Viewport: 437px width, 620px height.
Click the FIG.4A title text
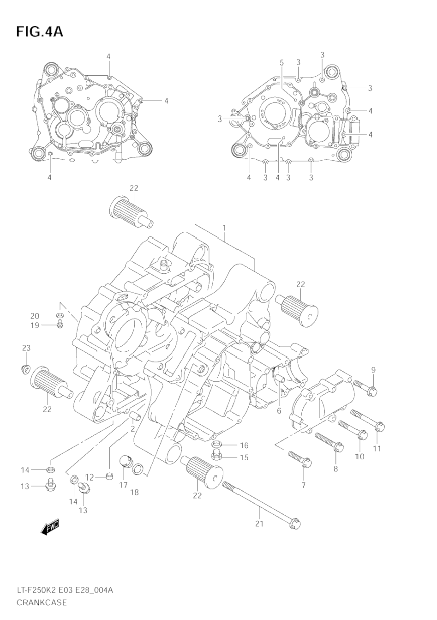[x=39, y=31]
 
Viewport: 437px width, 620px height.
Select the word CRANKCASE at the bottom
[x=42, y=602]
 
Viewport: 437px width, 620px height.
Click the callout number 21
[x=259, y=524]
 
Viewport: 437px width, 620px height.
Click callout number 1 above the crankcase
[x=224, y=228]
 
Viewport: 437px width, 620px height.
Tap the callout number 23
[x=26, y=348]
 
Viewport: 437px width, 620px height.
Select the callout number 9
[x=373, y=369]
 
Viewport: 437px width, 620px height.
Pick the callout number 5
[x=281, y=62]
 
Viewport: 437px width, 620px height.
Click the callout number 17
[x=123, y=485]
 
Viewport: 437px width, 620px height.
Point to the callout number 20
[x=35, y=316]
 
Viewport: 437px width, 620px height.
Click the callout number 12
[x=89, y=477]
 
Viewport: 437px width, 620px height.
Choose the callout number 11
[x=377, y=448]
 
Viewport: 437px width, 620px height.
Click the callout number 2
[x=132, y=428]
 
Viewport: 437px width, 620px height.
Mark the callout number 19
[x=35, y=325]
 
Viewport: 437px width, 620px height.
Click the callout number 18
[x=134, y=492]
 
